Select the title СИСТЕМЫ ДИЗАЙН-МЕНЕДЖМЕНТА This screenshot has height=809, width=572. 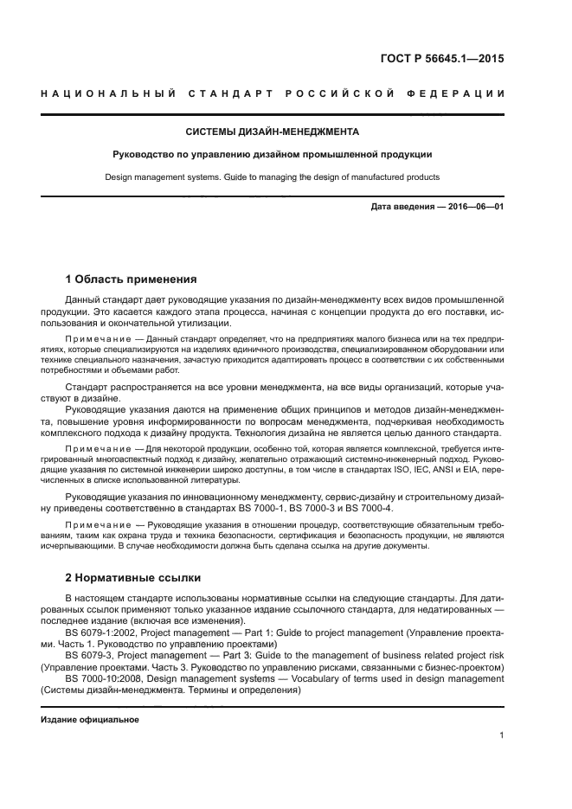click(273, 132)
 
